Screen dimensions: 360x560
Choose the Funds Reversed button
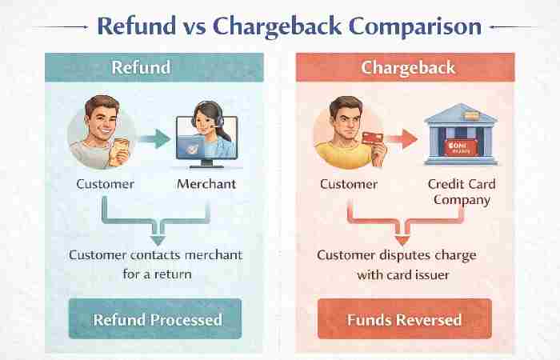click(404, 320)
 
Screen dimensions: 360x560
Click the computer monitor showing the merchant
click(205, 138)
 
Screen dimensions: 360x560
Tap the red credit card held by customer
click(370, 137)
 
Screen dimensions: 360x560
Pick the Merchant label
click(206, 185)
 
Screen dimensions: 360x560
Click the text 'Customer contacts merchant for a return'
click(155, 265)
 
